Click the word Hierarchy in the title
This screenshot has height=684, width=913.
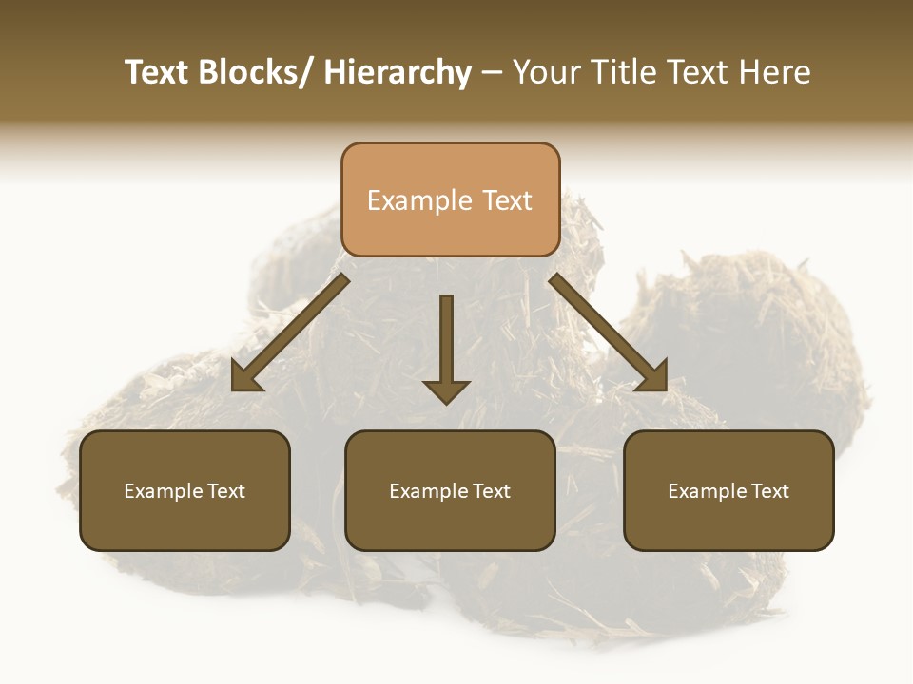click(x=398, y=73)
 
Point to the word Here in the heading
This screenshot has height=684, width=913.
click(x=776, y=73)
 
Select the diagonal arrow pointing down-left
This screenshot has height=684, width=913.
click(x=291, y=332)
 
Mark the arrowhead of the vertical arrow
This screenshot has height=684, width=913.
click(x=446, y=390)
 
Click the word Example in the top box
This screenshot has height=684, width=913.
click(x=407, y=200)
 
